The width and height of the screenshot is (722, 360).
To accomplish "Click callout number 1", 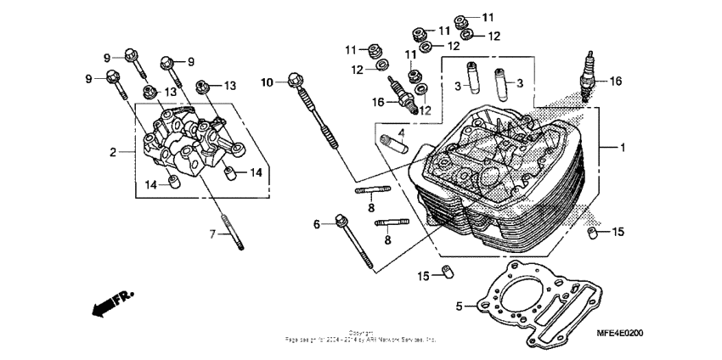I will [622, 148].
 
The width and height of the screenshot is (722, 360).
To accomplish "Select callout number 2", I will [112, 153].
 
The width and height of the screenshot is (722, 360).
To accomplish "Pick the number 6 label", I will [317, 224].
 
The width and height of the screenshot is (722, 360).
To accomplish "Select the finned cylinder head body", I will [501, 183].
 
